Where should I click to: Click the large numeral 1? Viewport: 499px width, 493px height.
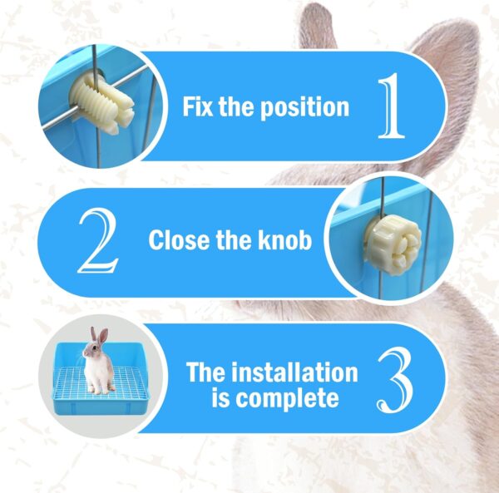[392, 106]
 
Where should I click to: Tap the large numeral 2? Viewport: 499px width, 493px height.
[98, 241]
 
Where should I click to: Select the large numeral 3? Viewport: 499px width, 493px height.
[394, 381]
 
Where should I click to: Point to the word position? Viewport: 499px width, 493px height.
[304, 108]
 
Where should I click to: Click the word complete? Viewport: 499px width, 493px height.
[287, 398]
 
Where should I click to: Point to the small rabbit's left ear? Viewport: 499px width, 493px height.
[93, 335]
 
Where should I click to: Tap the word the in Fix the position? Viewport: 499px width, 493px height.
[236, 107]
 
